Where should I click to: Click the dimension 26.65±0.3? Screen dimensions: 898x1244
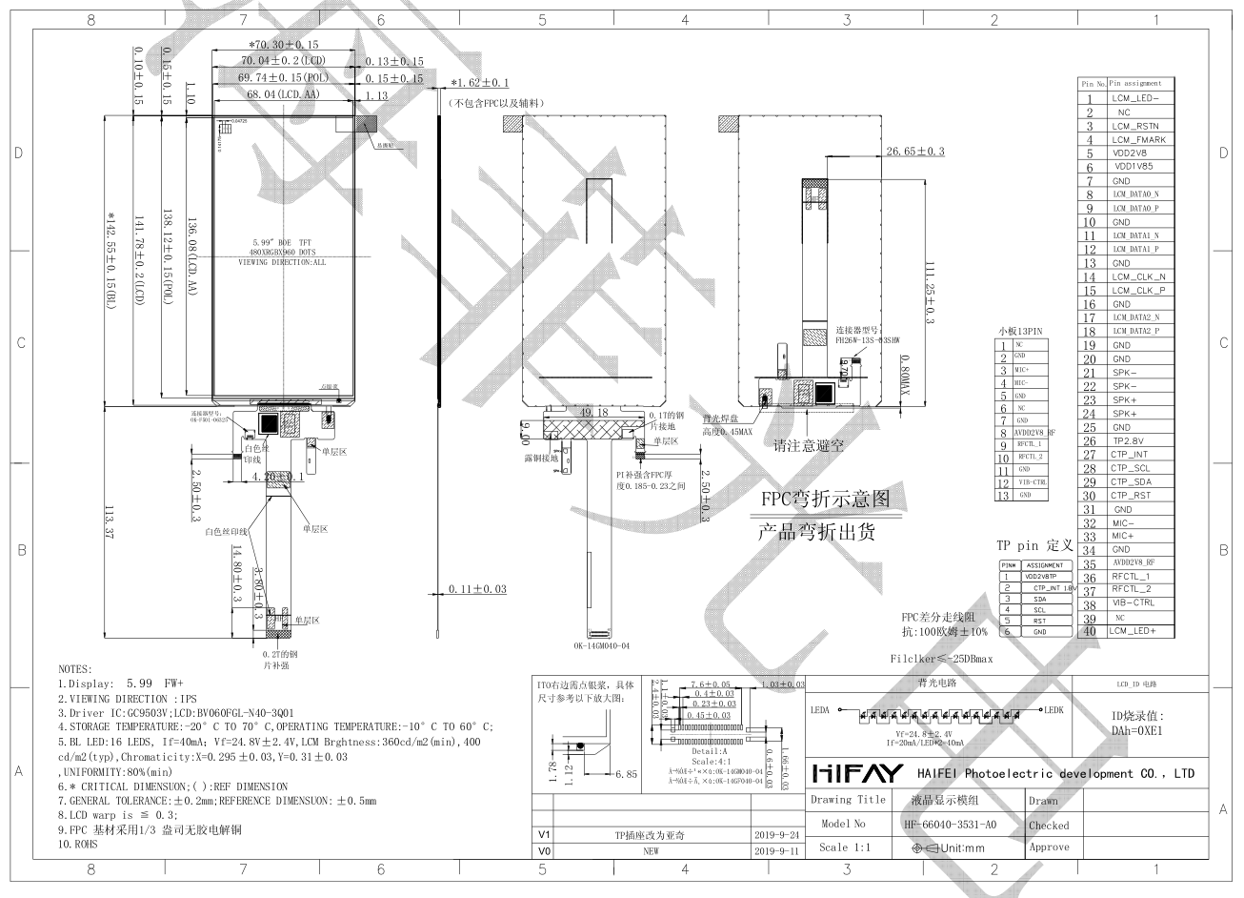point(914,152)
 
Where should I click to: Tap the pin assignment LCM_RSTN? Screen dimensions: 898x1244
point(1134,126)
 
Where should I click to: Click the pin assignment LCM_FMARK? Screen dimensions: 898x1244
point(1138,139)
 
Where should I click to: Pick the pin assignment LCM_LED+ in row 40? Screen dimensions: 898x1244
point(1134,631)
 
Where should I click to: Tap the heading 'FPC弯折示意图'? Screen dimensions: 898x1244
point(825,500)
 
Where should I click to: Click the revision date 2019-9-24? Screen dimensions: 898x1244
point(774,833)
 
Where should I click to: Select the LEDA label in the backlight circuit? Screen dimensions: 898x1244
point(820,710)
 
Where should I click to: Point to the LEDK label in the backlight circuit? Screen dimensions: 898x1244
point(1053,710)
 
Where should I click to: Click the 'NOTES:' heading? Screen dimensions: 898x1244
point(75,669)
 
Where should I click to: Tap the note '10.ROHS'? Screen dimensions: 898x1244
point(80,845)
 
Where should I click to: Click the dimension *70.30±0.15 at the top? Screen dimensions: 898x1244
point(284,45)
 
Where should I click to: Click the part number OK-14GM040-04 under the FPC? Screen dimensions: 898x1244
point(601,645)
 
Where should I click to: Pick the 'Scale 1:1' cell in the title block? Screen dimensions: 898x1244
point(845,847)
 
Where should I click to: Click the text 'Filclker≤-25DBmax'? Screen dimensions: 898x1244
point(941,659)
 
